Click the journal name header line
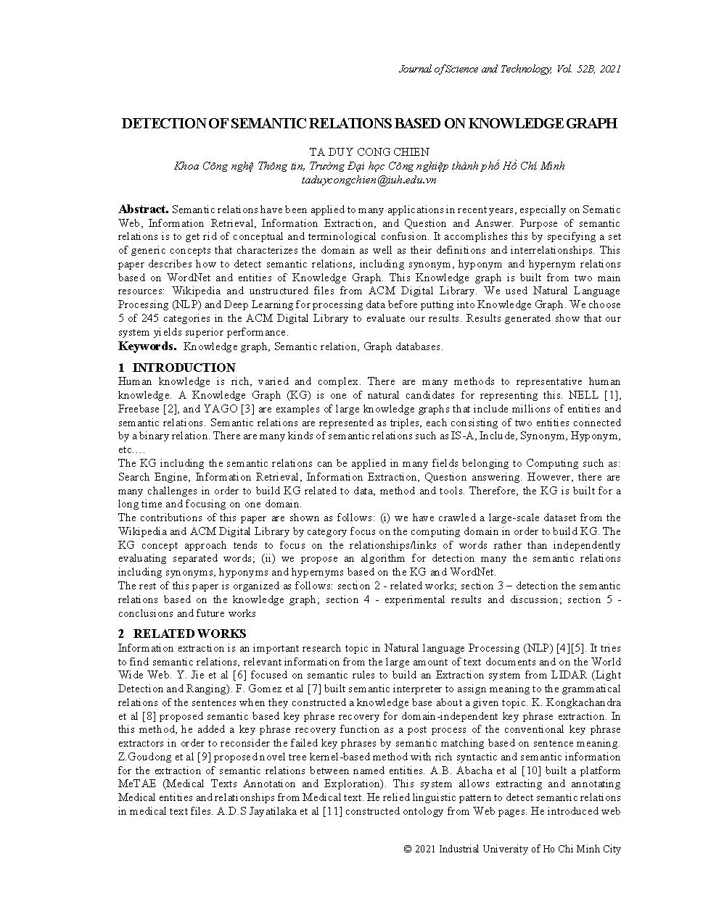point(509,69)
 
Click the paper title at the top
point(369,123)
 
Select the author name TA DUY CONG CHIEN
point(369,152)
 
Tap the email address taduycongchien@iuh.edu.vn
point(369,180)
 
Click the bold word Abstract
point(143,209)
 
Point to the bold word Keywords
point(147,346)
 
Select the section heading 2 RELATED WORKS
point(182,634)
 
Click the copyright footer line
point(512,849)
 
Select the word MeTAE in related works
point(135,784)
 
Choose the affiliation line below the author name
point(369,166)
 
